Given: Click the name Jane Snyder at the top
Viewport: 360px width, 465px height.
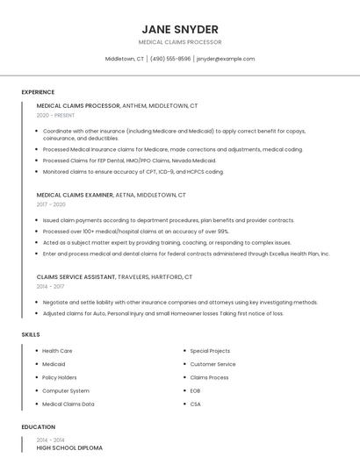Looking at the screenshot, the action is coord(179,29).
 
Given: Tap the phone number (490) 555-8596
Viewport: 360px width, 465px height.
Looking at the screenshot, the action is coord(169,59).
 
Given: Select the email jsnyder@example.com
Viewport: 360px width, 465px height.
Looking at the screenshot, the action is coord(226,59).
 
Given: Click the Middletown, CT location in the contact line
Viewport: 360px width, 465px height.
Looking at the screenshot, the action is coord(125,59).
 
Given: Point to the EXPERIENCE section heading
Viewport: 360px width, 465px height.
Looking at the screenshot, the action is coord(38,92).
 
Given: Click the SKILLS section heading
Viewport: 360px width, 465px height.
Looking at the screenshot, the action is coord(30,334).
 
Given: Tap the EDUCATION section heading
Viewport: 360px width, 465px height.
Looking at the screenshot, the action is coord(38,427).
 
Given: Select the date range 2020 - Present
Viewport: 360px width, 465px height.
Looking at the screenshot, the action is coord(55,115).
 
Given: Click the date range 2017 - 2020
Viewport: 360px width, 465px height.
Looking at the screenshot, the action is coord(51,204).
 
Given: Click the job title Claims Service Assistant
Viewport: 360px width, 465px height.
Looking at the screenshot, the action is coord(76,276).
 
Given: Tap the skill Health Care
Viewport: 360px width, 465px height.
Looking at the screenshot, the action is coord(57,351).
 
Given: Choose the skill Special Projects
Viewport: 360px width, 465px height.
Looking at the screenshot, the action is coord(210,351).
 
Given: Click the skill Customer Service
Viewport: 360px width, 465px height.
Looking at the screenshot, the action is coord(212,364).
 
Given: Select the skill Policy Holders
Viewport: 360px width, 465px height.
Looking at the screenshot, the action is coord(59,377).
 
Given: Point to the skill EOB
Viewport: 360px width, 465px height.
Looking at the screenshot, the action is coord(195,390).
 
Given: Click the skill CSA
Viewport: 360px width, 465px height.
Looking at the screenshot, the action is coord(195,404).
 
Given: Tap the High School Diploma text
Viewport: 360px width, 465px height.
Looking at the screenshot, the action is coord(69,448).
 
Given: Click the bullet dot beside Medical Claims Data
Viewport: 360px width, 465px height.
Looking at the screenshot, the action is coord(36,404).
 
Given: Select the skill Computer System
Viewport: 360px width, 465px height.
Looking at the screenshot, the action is coord(66,390).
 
